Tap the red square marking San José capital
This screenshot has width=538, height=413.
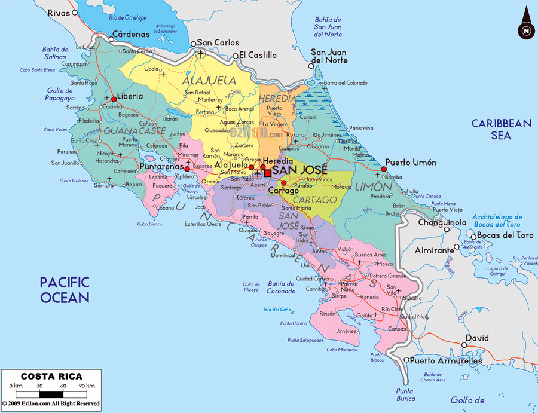coord(268,173)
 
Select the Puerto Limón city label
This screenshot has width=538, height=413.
coord(411,162)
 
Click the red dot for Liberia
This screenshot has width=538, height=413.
coord(114,99)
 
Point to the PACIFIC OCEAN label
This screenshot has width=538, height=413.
coord(65,289)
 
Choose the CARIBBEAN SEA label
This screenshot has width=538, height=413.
coord(501,129)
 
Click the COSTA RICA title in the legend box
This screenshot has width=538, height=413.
coord(51,377)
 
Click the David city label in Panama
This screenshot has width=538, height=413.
coord(477,338)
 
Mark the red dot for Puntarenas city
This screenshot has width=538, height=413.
coord(187,169)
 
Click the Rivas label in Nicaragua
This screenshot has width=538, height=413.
coord(58,12)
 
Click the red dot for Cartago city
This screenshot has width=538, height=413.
coord(284,183)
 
